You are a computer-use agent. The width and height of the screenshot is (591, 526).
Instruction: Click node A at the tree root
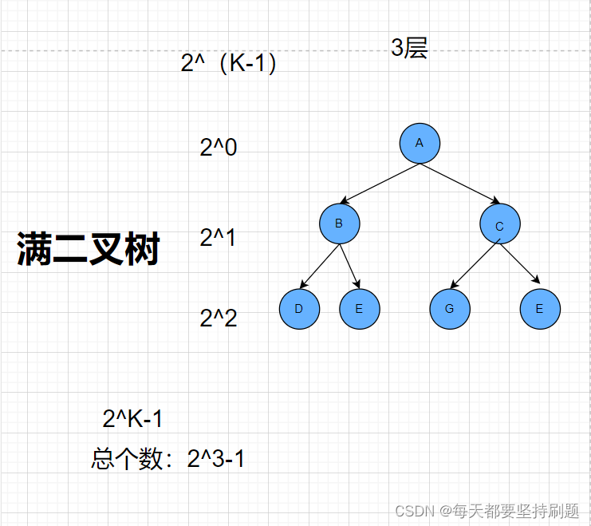tap(420, 143)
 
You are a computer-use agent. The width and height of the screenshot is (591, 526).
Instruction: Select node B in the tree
tap(339, 223)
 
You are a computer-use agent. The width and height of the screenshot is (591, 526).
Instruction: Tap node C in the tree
tap(500, 225)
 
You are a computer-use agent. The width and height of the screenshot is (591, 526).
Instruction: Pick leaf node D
tap(299, 309)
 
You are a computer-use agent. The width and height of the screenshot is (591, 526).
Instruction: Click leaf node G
tap(450, 309)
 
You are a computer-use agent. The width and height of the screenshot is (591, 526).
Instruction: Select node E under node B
tap(359, 309)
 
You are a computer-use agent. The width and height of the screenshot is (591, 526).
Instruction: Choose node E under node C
tap(540, 309)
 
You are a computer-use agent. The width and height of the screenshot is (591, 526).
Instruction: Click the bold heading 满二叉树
tap(89, 249)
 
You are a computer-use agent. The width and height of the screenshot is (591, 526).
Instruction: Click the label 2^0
tap(219, 148)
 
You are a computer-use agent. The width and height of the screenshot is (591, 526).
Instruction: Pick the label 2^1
tap(218, 237)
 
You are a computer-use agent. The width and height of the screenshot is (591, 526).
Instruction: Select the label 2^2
tap(219, 318)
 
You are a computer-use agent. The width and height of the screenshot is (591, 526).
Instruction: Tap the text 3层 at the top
tap(409, 48)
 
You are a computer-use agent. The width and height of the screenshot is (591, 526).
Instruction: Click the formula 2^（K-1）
tap(229, 63)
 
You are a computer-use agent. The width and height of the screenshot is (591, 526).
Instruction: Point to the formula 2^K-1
tap(133, 418)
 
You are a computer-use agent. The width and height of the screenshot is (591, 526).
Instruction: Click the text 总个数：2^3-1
tap(168, 459)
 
